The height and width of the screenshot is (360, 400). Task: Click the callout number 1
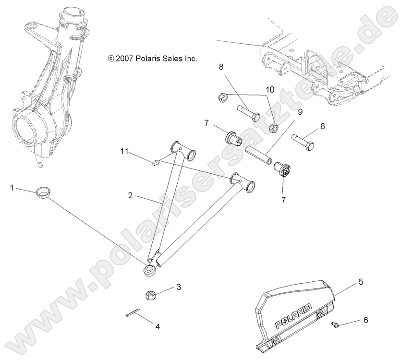pyautogui.click(x=11, y=188)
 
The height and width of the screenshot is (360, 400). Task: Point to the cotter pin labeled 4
pyautogui.click(x=130, y=315)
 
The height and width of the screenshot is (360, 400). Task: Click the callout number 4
pyautogui.click(x=157, y=326)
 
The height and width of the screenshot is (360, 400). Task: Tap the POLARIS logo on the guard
pyautogui.click(x=293, y=316)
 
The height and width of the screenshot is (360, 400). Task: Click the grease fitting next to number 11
pyautogui.click(x=155, y=164)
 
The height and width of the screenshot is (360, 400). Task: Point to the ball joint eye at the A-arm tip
pyautogui.click(x=148, y=271)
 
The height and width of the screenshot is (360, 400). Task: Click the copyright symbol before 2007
pyautogui.click(x=111, y=59)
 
